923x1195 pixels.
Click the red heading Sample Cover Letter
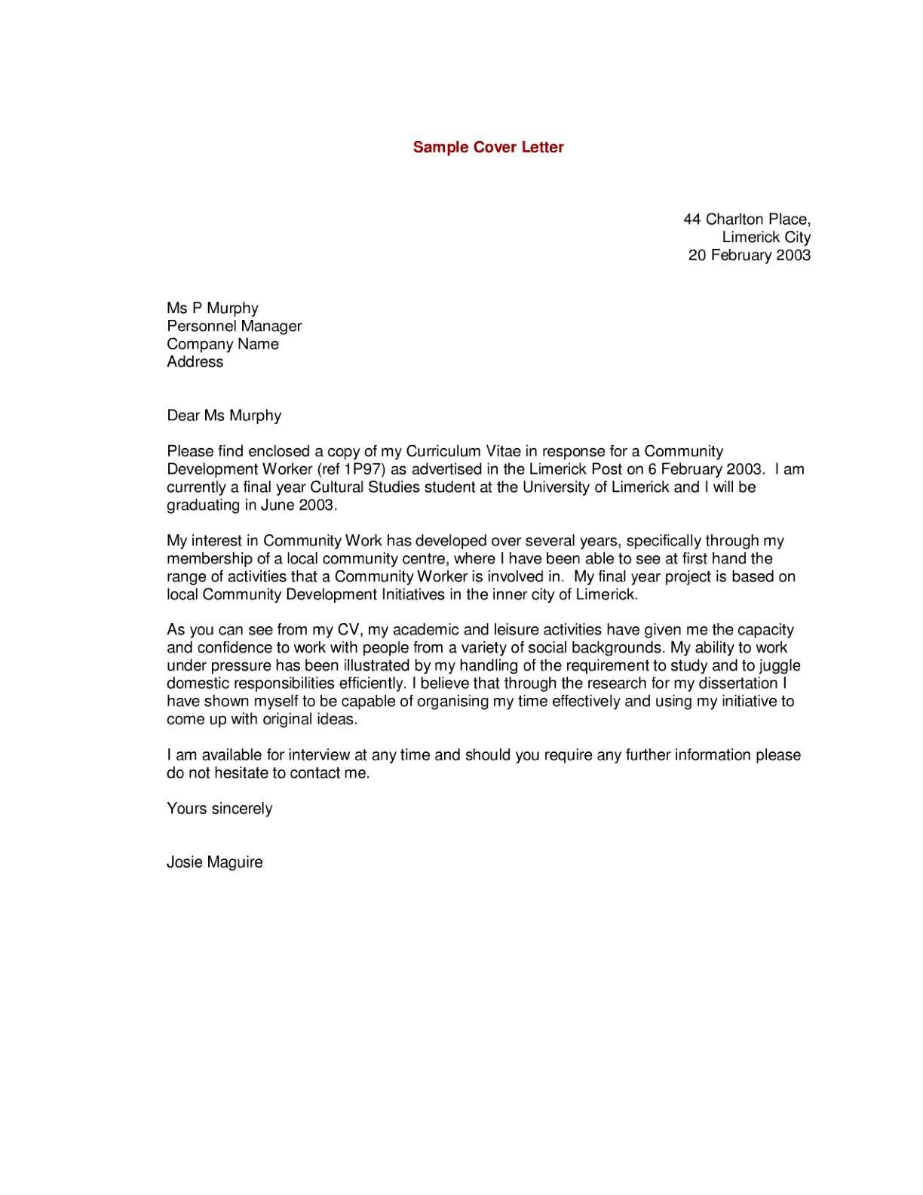(x=488, y=147)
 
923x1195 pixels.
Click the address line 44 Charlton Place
(x=747, y=220)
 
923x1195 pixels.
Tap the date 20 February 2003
(x=749, y=255)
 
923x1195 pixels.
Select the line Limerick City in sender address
(x=766, y=237)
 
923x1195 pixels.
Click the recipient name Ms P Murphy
(x=213, y=309)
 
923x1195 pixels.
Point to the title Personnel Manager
(x=234, y=326)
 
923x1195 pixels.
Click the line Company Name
(x=222, y=344)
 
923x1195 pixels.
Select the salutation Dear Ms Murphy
(x=224, y=416)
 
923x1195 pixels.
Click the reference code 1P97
(x=362, y=469)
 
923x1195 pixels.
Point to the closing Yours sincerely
(x=219, y=809)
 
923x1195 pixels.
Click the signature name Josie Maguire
(x=215, y=862)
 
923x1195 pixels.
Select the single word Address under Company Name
(x=195, y=362)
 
